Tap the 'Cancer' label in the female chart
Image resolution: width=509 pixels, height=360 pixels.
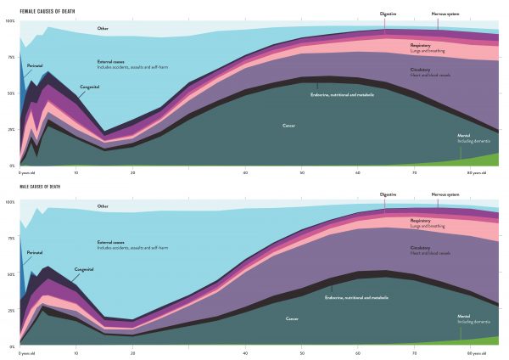[x=288, y=125]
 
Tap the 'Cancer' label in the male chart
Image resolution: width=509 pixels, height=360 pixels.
[x=292, y=319]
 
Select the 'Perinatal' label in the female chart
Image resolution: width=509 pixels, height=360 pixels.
[x=35, y=65]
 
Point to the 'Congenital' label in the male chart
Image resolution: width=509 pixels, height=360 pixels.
[x=83, y=269]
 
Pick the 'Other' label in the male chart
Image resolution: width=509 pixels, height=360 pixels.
[x=103, y=206]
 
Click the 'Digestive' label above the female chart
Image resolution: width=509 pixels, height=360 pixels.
[x=389, y=14]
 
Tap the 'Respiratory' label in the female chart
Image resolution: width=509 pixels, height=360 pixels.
[x=421, y=45]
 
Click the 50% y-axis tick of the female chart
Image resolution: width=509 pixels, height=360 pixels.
[x=11, y=93]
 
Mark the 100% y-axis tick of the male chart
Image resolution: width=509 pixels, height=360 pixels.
[x=11, y=202]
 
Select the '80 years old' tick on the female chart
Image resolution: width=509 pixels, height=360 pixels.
[x=478, y=172]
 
